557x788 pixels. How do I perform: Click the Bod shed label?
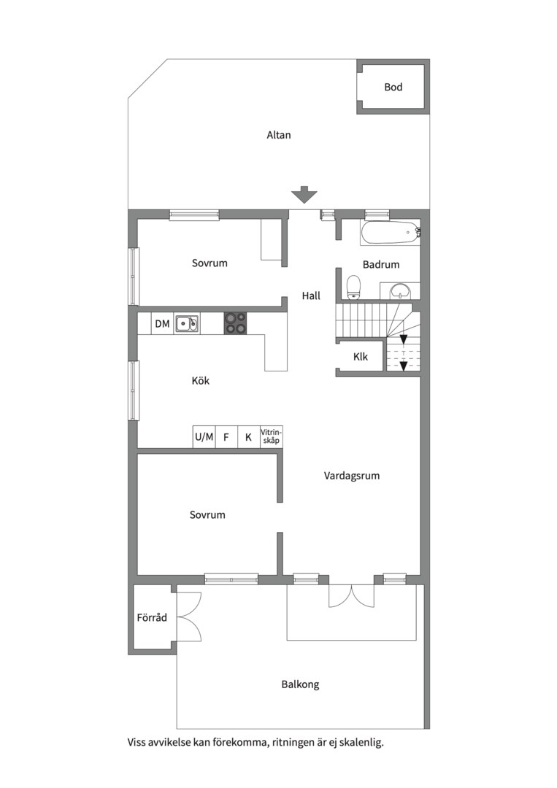point(393,87)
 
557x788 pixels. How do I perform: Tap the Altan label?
point(279,135)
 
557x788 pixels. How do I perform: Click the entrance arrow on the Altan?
point(304,195)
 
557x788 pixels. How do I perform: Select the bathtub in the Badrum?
point(390,233)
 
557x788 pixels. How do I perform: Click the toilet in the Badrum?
point(354,287)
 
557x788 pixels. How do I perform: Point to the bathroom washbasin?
point(401,290)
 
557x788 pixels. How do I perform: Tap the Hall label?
point(311,295)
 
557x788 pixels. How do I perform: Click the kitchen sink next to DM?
point(186,324)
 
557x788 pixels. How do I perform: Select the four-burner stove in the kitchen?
point(236,323)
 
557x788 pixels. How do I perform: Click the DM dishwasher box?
point(162,324)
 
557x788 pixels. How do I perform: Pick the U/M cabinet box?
point(204,437)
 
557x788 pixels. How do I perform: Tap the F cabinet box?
point(226,437)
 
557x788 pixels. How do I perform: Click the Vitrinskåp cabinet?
point(271,437)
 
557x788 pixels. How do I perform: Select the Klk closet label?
point(361,357)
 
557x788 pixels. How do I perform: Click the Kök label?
point(201,380)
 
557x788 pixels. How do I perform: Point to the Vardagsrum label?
point(351,476)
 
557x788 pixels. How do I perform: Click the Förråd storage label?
point(152,617)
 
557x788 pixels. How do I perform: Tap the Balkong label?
point(300,684)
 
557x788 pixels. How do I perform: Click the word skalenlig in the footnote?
point(361,742)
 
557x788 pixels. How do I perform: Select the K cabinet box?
point(248,437)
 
